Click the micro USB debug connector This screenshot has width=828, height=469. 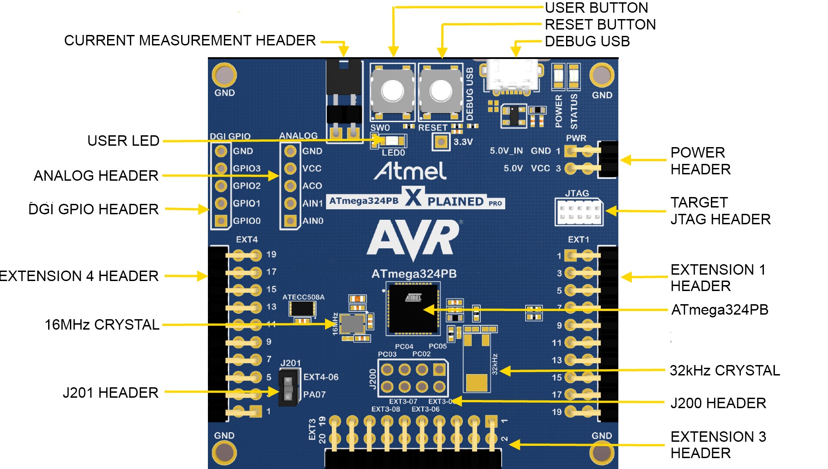click(512, 76)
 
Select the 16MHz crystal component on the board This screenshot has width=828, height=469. click(352, 324)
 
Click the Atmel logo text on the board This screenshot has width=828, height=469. click(410, 171)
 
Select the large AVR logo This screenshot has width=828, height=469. click(413, 238)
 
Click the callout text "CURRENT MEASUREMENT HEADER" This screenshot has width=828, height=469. click(190, 40)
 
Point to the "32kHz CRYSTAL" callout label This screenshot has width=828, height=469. click(724, 370)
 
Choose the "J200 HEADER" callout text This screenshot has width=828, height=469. click(718, 403)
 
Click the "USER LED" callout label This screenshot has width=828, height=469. click(123, 141)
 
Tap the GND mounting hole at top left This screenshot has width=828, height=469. click(224, 75)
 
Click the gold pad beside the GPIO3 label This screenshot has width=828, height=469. click(221, 168)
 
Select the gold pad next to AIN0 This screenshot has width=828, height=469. click(290, 221)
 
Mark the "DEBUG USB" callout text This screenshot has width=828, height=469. click(587, 41)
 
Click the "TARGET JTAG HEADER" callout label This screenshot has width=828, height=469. click(720, 211)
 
